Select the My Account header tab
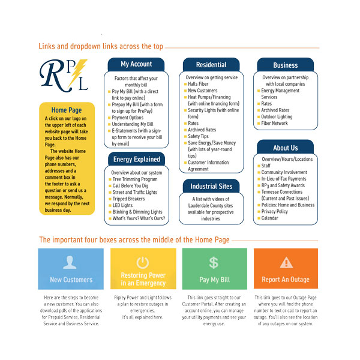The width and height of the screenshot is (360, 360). (136, 64)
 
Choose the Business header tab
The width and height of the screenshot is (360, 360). (285, 65)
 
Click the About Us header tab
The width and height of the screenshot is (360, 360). (285, 148)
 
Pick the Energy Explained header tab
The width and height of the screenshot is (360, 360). (136, 159)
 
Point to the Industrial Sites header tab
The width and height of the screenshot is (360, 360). (211, 186)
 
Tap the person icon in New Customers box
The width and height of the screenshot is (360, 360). (70, 262)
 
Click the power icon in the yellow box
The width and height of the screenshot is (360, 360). (142, 262)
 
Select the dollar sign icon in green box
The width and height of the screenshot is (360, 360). (214, 262)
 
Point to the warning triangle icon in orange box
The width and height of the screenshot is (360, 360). (286, 262)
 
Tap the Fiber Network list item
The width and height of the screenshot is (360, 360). (274, 123)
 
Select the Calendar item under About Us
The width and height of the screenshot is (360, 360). (269, 218)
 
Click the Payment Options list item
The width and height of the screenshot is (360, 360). (128, 118)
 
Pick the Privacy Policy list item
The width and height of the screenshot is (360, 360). (274, 211)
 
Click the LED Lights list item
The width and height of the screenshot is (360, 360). (124, 205)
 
